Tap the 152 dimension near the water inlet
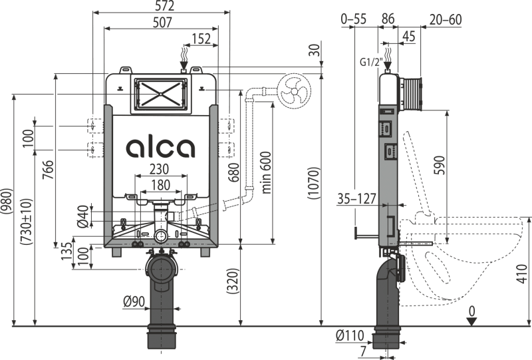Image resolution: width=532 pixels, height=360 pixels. click(x=203, y=39)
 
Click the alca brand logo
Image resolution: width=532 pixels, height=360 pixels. click(x=160, y=147)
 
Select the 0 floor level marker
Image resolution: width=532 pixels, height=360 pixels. click(x=471, y=310)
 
